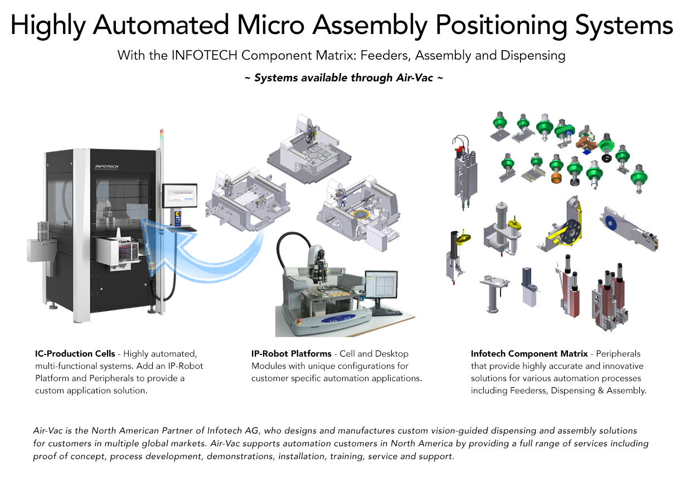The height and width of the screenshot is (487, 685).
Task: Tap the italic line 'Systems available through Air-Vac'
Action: click(x=343, y=77)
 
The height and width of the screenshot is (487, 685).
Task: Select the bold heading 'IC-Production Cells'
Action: click(x=75, y=354)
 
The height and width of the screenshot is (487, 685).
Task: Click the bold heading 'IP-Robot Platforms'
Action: click(x=292, y=354)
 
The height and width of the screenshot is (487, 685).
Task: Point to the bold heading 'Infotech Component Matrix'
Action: click(x=529, y=354)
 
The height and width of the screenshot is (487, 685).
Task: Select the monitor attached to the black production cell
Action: click(x=181, y=197)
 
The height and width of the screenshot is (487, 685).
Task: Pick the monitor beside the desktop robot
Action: click(x=381, y=288)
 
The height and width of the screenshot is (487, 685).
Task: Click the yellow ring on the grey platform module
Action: click(x=361, y=215)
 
